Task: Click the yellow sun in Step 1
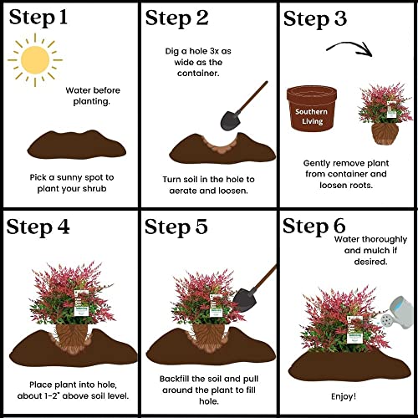(35, 60)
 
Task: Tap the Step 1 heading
(38, 18)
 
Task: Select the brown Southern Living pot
(312, 108)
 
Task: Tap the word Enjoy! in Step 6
(344, 396)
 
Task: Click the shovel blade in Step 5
(244, 300)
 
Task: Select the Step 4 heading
(38, 227)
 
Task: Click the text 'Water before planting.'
(93, 96)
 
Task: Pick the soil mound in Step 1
(77, 145)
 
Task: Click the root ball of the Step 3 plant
(385, 134)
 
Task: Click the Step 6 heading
(314, 226)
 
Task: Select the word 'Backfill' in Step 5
(174, 379)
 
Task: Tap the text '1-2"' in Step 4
(51, 395)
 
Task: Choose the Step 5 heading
(176, 227)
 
